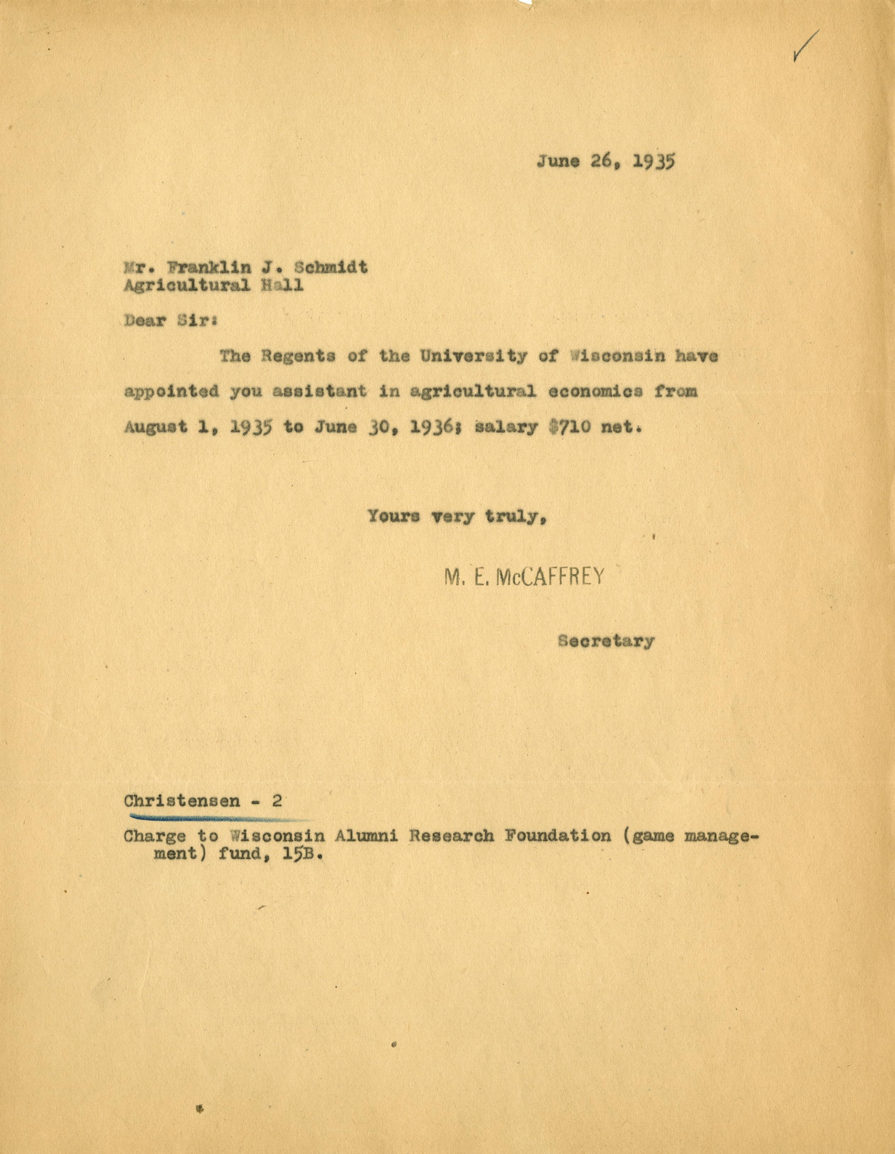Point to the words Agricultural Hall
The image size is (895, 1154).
tap(213, 285)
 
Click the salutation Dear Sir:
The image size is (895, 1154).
tap(170, 321)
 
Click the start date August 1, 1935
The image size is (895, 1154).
tap(198, 427)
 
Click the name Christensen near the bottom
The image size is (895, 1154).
tap(182, 801)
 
